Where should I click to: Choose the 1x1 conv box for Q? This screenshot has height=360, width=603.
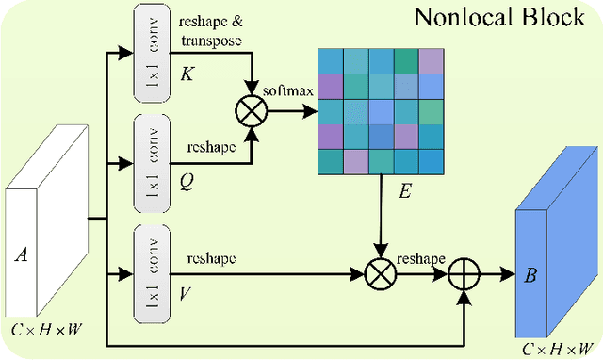point(152,155)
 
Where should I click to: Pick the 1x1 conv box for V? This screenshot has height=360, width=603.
point(152,268)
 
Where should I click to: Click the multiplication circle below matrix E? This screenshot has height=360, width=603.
point(381,274)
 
